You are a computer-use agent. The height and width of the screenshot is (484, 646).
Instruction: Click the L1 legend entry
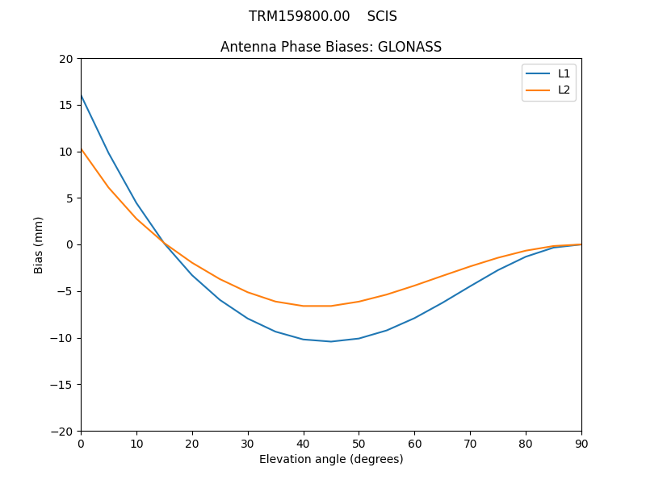tap(564, 73)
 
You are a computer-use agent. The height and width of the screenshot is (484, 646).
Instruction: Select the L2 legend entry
tap(564, 90)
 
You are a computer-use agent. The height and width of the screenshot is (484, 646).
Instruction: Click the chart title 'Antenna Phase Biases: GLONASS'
tap(331, 47)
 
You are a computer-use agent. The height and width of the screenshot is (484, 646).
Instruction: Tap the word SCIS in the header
tap(382, 16)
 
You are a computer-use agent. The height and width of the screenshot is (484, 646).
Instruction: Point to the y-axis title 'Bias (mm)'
tap(39, 244)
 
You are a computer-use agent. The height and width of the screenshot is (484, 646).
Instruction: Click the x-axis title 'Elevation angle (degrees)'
tap(331, 459)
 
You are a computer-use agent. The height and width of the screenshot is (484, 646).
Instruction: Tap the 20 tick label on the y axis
tap(65, 59)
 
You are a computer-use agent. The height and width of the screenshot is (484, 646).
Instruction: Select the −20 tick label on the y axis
tap(61, 431)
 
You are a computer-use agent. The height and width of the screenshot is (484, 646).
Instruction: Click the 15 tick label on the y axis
tap(65, 105)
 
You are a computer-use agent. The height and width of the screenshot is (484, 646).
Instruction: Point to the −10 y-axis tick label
tap(61, 338)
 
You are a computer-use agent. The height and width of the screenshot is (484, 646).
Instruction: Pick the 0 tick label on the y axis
tap(69, 244)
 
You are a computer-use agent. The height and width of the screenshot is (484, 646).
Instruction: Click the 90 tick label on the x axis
tap(581, 443)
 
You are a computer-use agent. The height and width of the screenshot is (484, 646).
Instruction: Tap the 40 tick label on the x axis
tap(304, 443)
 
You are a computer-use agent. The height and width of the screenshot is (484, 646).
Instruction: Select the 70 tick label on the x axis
tap(470, 443)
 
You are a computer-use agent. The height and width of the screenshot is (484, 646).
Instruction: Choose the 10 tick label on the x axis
tap(136, 443)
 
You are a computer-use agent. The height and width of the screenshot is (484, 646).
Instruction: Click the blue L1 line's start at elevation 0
tap(81, 95)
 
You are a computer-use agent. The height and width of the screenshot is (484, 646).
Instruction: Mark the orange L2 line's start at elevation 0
tap(81, 148)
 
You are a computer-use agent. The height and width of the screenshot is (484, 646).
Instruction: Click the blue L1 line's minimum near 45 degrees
tap(331, 341)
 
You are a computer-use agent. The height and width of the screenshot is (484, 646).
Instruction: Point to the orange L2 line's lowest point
tap(317, 306)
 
